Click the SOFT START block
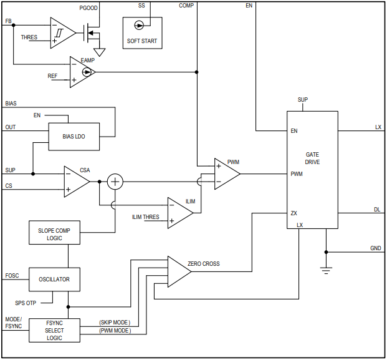tap(141, 33)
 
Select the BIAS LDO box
tap(74, 136)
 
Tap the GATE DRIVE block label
tap(312, 158)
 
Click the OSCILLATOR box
tap(54, 279)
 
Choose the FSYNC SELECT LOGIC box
tap(54, 330)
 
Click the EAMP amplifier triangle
tap(81, 72)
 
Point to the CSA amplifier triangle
tap(75, 182)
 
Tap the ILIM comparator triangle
tap(179, 213)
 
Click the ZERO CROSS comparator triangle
tap(178, 271)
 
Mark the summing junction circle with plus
tap(115, 182)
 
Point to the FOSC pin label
tap(12, 275)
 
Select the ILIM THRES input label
tap(146, 217)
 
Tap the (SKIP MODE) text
tap(115, 323)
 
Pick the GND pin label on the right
tap(375, 248)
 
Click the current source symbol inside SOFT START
tap(139, 25)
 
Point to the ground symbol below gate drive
tap(325, 270)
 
